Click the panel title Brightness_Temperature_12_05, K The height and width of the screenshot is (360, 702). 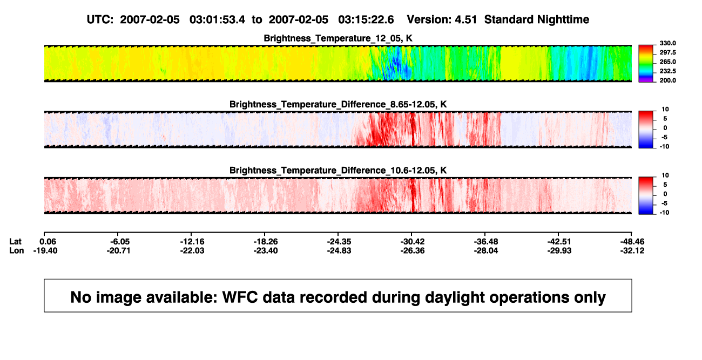point(338,38)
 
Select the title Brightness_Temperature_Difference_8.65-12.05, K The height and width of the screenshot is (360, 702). point(338,104)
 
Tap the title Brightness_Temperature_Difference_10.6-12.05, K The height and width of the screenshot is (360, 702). point(338,171)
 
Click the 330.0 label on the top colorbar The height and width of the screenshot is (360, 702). point(667,43)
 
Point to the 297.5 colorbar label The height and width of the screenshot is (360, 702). point(667,52)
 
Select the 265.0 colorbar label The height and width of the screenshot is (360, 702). point(667,62)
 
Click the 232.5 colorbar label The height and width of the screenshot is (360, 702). point(667,71)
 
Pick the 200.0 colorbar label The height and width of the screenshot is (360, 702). point(667,80)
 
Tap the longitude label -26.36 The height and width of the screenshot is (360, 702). point(413,250)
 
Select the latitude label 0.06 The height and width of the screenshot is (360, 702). point(48,242)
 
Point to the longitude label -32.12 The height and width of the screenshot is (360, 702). point(632,250)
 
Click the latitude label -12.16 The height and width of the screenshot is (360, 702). point(192,242)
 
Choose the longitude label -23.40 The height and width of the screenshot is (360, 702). point(266,250)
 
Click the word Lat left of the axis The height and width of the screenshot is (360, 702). point(15,242)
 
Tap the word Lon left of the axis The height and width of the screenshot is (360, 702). point(17,250)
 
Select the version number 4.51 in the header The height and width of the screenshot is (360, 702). point(465,20)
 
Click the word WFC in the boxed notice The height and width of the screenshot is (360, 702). point(240,297)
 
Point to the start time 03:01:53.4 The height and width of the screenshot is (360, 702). point(217,20)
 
